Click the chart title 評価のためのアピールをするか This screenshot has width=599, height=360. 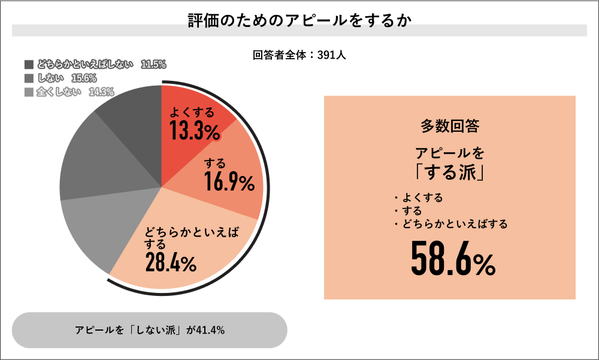[299, 20]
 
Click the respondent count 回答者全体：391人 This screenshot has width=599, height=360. [299, 55]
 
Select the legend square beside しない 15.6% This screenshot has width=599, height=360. [29, 78]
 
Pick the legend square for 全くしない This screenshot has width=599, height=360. [29, 92]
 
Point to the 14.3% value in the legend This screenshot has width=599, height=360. [101, 92]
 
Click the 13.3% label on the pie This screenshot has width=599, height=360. [193, 131]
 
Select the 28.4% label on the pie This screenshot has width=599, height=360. [171, 262]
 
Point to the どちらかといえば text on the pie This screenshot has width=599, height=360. [192, 232]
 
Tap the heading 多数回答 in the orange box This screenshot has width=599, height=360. [449, 126]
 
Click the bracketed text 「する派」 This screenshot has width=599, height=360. [449, 172]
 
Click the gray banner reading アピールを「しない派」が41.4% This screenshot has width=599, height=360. [150, 330]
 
